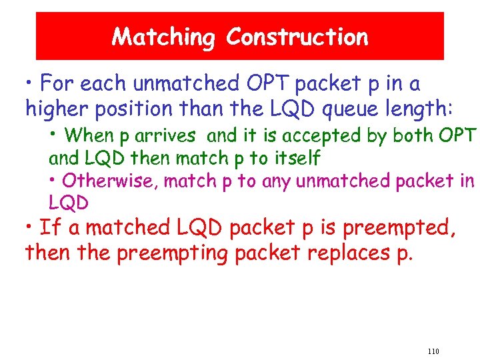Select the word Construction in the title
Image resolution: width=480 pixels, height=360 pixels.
pos(297,37)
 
